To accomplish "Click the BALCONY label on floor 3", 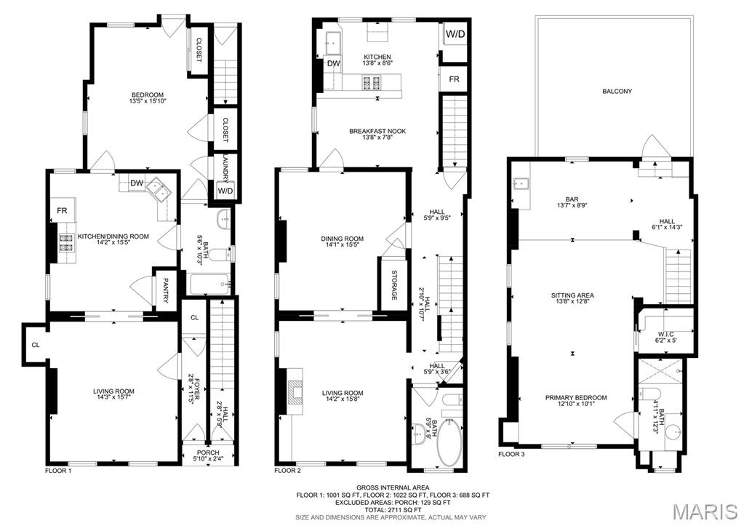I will point(617,92).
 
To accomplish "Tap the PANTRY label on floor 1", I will point(166,292).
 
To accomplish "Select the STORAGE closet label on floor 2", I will point(394,284).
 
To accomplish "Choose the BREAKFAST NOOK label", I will point(377,132).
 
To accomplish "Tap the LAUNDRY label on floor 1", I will point(225,167).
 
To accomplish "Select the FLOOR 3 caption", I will point(511,454).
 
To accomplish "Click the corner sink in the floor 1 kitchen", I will point(159,191).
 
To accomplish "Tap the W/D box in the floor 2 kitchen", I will point(455,34).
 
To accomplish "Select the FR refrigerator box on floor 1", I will point(62,212).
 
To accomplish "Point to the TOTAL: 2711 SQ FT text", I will point(392,510).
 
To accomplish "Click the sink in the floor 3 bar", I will point(520,183).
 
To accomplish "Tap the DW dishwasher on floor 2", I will point(333,65).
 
